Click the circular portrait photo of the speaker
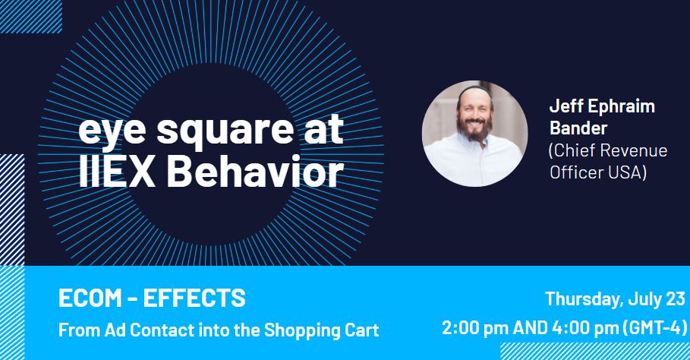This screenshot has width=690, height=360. (x=475, y=134)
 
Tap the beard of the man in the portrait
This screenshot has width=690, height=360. (x=474, y=128)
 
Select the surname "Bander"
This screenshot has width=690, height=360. (x=578, y=128)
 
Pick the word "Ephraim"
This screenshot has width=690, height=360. (x=622, y=107)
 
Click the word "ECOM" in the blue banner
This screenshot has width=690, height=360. (x=90, y=298)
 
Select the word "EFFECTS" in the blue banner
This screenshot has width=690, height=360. (x=194, y=298)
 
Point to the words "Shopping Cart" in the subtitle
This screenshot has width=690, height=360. (x=321, y=330)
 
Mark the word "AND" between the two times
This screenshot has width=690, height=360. (x=531, y=328)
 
